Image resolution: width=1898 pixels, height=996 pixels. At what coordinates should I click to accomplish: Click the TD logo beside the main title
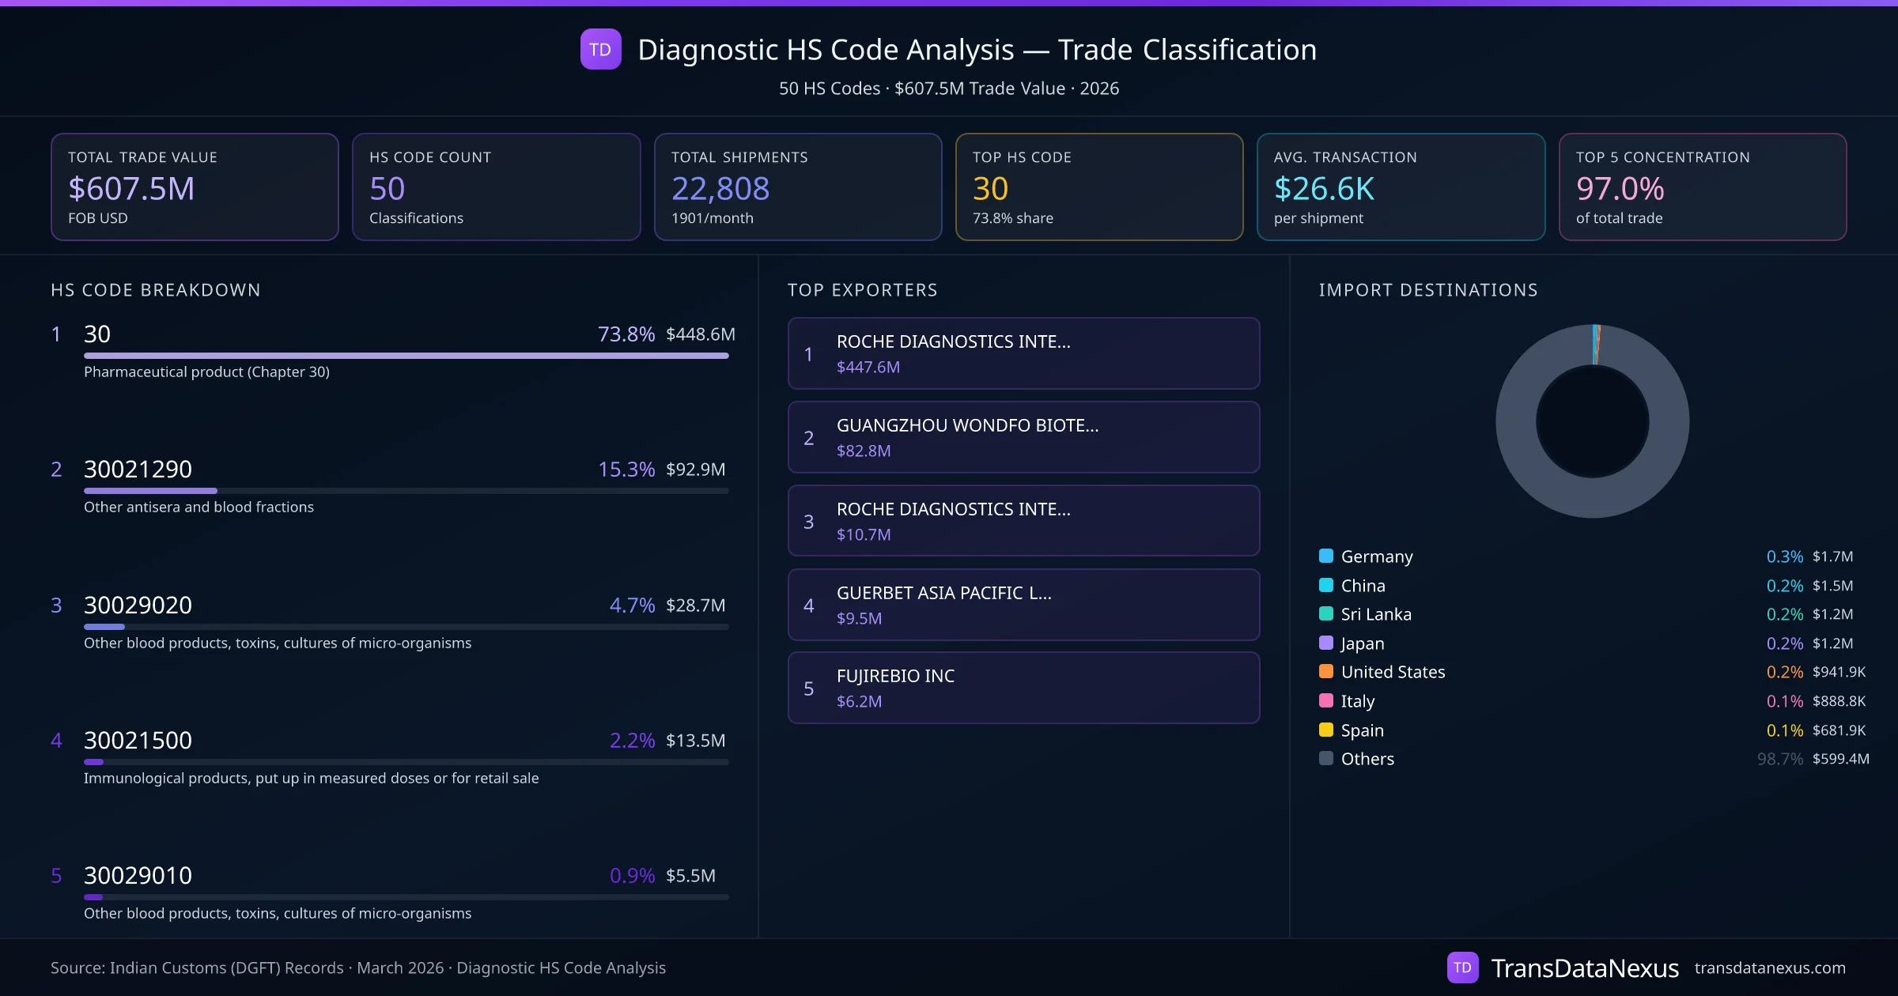pyautogui.click(x=600, y=50)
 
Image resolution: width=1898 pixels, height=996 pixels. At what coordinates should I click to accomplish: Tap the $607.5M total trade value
pyautogui.click(x=131, y=189)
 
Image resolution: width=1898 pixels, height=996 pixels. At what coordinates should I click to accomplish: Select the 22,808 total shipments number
pyautogui.click(x=720, y=189)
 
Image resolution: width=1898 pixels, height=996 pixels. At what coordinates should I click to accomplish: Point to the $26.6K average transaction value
pyautogui.click(x=1324, y=189)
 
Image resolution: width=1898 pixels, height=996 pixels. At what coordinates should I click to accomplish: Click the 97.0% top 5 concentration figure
pyautogui.click(x=1620, y=189)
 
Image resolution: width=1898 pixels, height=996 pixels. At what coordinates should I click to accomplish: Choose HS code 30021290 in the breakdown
pyautogui.click(x=138, y=470)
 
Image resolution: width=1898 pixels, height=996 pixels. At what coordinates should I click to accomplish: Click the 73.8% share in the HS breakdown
pyautogui.click(x=626, y=334)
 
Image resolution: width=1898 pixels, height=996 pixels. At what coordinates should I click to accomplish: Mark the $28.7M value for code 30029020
pyautogui.click(x=695, y=606)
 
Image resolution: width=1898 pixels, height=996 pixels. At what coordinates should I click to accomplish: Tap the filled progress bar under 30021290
pyautogui.click(x=150, y=491)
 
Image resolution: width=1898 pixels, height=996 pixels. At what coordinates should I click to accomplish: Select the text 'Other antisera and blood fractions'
pyautogui.click(x=198, y=507)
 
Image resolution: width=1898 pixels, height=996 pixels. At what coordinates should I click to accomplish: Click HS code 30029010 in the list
pyautogui.click(x=138, y=876)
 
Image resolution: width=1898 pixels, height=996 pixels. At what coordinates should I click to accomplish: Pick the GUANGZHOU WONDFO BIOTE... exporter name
pyautogui.click(x=967, y=425)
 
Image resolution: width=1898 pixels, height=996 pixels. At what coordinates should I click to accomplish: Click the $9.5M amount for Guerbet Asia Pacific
pyautogui.click(x=859, y=618)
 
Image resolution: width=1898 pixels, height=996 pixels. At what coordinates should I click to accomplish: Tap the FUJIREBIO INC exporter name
pyautogui.click(x=895, y=676)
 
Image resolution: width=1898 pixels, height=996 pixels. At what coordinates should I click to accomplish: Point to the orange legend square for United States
pyautogui.click(x=1326, y=672)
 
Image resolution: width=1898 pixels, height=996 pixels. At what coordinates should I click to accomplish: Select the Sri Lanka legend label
pyautogui.click(x=1376, y=614)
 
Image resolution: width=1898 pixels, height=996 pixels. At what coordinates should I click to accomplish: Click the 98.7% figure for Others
pyautogui.click(x=1779, y=759)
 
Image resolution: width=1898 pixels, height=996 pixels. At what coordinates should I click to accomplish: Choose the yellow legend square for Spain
pyautogui.click(x=1326, y=730)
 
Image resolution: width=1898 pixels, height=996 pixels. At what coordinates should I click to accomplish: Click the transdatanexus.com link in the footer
pyautogui.click(x=1770, y=968)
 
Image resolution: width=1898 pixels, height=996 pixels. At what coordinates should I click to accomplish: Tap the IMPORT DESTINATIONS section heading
pyautogui.click(x=1428, y=290)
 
